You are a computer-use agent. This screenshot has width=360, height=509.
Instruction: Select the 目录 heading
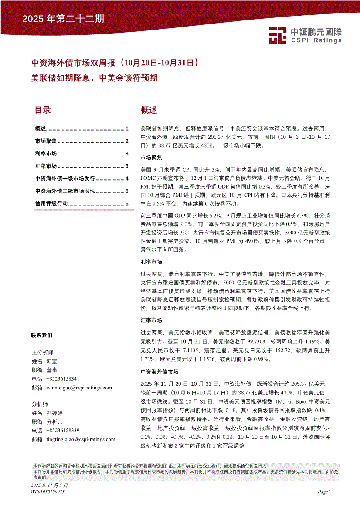pos(43,110)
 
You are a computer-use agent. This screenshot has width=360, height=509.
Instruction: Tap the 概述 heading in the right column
pos(149,110)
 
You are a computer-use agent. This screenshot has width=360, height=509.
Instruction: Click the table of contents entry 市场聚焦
pos(46,141)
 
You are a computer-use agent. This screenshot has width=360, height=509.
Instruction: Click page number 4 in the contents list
pos(126,179)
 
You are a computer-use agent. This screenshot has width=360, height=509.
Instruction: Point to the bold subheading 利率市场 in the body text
pos(151,262)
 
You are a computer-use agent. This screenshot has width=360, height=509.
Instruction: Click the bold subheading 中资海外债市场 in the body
pos(160,372)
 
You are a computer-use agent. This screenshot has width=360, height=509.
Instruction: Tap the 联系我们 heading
pos(42,335)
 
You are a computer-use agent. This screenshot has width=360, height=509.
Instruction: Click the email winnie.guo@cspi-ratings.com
pos(79,388)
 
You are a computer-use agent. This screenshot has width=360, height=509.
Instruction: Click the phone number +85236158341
pos(61,379)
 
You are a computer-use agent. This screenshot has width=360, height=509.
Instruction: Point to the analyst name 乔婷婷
pos(54,413)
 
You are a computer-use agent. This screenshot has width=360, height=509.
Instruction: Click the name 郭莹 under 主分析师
pos(51,361)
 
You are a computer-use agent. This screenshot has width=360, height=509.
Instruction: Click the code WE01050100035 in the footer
pos(48,492)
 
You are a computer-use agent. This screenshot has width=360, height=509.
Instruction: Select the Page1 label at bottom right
pos(324,492)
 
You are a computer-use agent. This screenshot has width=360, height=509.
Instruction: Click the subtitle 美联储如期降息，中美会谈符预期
pos(94,78)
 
